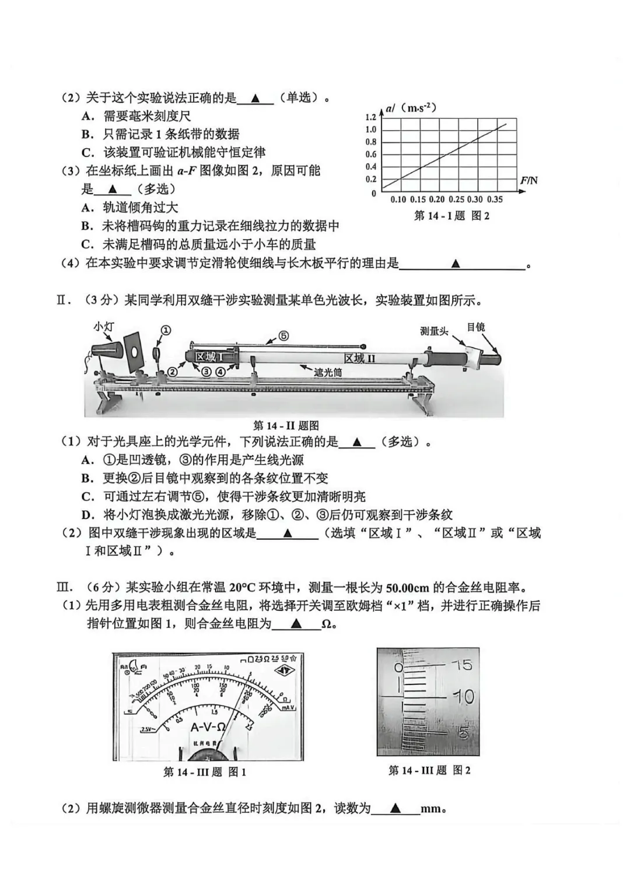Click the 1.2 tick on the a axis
point(370,118)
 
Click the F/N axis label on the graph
point(528,181)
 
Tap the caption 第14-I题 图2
point(452,216)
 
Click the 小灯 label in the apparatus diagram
point(104,327)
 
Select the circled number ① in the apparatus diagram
point(165,331)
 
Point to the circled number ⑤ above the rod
point(283,336)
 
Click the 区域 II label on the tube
point(359,359)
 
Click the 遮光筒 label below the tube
point(327,372)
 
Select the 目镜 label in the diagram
point(475,327)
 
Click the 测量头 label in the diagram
point(434,331)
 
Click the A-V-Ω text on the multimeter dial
point(208,727)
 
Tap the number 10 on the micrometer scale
point(464,696)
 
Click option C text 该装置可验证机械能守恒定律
point(184,152)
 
